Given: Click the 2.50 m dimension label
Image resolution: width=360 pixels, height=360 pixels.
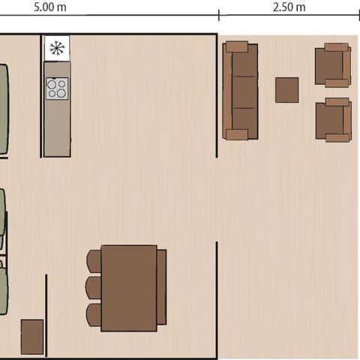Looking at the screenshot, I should pos(289,7).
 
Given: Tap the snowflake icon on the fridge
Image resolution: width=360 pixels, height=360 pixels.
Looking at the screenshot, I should pos(57,49).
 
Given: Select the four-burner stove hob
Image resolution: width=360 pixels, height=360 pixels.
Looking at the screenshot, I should pos(57,88).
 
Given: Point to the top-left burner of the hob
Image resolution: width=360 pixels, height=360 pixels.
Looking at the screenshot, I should pos(52,83).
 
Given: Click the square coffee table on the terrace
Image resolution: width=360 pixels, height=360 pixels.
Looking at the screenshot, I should pos(286,90).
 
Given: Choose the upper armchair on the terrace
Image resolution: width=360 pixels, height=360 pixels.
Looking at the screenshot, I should pos(333,65).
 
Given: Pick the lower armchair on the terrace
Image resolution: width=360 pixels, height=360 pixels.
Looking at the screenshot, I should pos(333,119).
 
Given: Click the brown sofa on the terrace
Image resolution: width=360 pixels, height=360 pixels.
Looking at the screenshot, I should pos(240,91).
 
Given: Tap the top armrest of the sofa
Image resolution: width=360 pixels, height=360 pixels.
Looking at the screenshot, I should pos(237,46).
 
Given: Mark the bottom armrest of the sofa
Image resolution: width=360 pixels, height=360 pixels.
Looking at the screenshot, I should pos(237,134).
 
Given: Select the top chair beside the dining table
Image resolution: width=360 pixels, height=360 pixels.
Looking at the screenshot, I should pos(94,261).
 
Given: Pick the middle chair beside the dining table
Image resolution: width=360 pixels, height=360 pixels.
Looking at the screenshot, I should pos(94,288).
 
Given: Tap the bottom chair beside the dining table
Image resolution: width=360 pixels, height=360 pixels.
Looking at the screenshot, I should pos(94,314).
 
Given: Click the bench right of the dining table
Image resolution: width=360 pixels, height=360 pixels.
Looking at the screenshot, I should pos(161,287).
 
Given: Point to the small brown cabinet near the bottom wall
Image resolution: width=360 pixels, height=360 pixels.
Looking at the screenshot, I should pos(32,337).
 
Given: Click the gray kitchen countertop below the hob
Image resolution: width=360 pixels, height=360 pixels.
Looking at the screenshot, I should pos(57,127).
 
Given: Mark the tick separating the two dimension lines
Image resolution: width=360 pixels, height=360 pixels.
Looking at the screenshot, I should pos(219,15).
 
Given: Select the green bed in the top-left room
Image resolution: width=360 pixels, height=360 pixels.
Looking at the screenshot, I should pos(3,109).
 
